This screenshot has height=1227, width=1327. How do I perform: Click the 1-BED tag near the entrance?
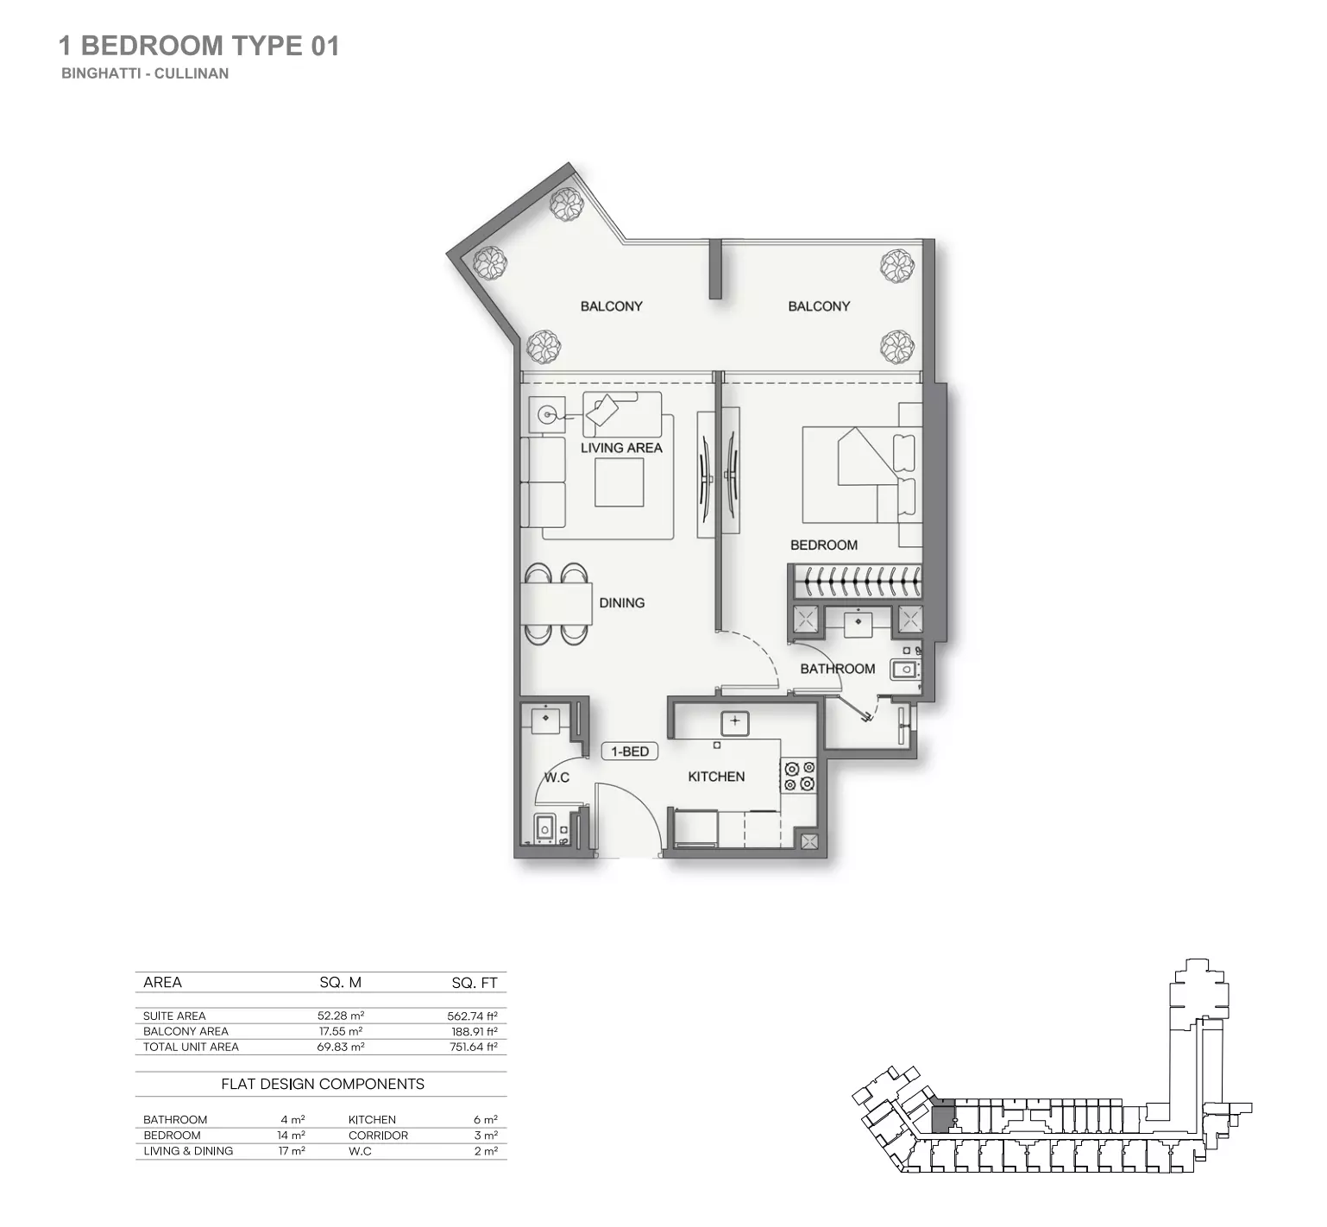click(630, 752)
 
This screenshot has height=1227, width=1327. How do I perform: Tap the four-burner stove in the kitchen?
click(799, 776)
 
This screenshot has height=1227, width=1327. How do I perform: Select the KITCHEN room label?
click(716, 777)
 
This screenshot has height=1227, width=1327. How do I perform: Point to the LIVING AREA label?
click(621, 448)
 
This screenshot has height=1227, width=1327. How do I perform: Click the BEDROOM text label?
click(824, 545)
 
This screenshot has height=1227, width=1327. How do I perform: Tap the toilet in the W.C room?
click(544, 828)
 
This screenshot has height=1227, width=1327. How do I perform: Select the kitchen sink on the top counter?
click(734, 722)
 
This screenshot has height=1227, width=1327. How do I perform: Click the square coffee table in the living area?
click(619, 483)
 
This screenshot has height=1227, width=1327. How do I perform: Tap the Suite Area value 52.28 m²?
click(340, 1016)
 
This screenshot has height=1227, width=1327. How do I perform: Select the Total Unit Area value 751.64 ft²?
click(472, 1047)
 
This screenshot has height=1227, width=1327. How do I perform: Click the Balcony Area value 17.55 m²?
click(340, 1031)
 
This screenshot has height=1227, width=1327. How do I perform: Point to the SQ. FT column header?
click(474, 983)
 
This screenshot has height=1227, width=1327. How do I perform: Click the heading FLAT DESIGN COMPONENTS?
click(323, 1084)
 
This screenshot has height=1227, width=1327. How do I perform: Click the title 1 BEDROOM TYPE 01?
click(198, 46)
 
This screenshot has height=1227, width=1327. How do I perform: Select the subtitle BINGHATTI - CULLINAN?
click(145, 73)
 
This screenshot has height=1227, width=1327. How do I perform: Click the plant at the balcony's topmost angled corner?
click(567, 204)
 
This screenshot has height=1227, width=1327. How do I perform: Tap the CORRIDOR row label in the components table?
click(378, 1136)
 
